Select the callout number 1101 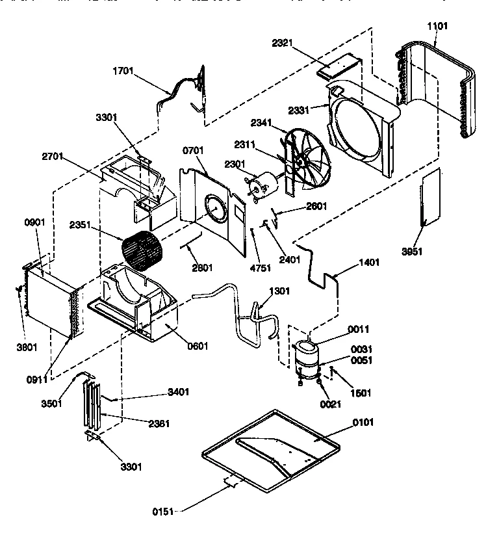coord(437,25)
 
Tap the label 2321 coord(283,43)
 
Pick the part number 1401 coord(368,263)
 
